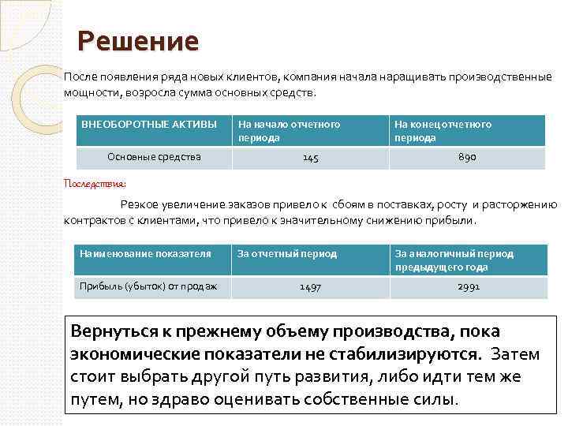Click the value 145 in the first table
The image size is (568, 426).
[311, 158]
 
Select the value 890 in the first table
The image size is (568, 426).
[467, 158]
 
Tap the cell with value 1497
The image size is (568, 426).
[310, 287]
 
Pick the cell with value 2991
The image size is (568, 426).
[468, 287]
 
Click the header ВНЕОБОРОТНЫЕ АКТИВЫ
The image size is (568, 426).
[149, 125]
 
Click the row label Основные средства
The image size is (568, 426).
[154, 157]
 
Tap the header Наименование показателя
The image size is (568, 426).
[146, 254]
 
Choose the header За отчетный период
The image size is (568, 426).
[287, 254]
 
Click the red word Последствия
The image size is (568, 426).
[94, 183]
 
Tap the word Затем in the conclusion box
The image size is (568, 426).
[514, 353]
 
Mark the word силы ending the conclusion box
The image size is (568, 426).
[434, 398]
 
